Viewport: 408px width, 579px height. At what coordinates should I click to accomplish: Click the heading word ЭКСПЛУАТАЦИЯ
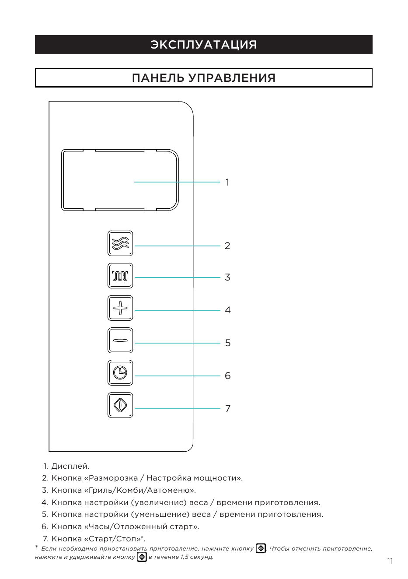204,45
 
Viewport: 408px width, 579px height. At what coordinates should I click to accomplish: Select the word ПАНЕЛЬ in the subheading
157,78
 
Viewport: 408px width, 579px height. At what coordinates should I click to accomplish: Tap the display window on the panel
120,180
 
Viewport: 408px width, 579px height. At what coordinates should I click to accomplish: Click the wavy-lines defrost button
120,243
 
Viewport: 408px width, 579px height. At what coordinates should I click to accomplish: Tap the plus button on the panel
120,308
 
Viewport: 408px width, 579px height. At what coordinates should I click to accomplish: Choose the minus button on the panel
120,340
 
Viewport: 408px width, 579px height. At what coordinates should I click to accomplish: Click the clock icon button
120,373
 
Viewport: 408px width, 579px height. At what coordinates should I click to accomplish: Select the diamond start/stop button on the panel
120,405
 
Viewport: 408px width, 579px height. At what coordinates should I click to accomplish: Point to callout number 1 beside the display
227,182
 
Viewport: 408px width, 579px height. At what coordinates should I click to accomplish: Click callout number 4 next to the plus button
227,310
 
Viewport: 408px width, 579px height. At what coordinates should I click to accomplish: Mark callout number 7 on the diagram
227,408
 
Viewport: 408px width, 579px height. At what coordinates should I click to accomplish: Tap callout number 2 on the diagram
227,246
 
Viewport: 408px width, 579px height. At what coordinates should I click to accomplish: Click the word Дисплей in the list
70,466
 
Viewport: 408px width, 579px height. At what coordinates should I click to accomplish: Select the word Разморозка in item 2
113,478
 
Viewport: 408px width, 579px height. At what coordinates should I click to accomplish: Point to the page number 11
390,561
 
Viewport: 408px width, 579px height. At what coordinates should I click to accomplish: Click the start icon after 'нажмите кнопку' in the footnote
261,548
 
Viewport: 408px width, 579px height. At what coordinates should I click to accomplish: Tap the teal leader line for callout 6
178,376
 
